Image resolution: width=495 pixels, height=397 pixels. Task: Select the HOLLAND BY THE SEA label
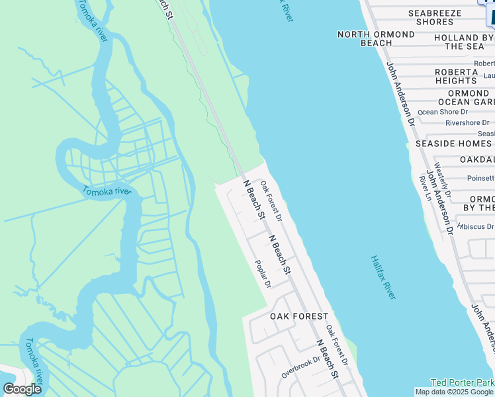pyautogui.click(x=464, y=42)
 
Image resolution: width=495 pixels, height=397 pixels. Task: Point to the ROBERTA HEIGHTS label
pyautogui.click(x=456, y=76)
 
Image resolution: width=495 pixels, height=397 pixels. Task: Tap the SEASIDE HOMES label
pyautogui.click(x=453, y=144)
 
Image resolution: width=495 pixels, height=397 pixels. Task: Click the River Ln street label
pyautogui.click(x=424, y=188)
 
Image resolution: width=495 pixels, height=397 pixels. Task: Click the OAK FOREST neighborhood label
pyautogui.click(x=299, y=317)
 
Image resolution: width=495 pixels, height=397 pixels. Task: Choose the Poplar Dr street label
pyautogui.click(x=263, y=273)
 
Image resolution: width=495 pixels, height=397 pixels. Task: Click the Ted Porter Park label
pyautogui.click(x=463, y=382)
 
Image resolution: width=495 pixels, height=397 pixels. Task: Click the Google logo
pyautogui.click(x=22, y=389)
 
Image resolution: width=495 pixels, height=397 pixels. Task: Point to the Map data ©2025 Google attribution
pyautogui.click(x=454, y=392)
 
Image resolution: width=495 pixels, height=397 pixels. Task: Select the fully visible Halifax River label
pyautogui.click(x=383, y=277)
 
